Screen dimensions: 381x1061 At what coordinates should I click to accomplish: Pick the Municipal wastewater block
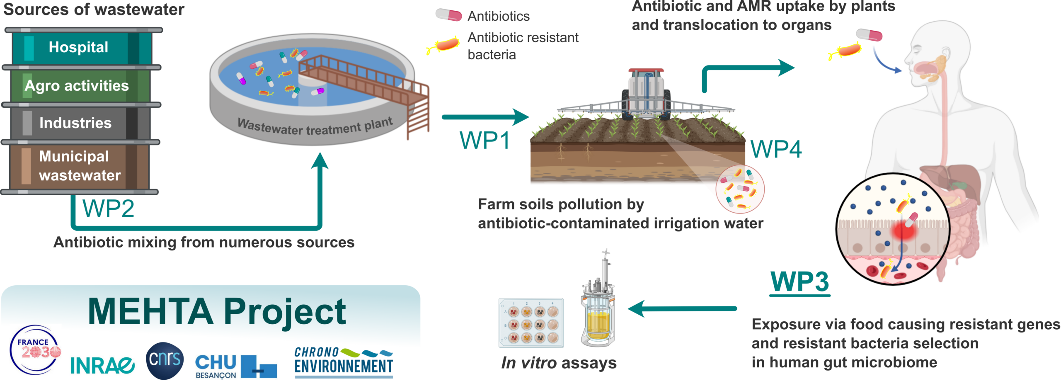click(x=79, y=166)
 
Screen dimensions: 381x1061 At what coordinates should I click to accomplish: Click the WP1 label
click(x=484, y=141)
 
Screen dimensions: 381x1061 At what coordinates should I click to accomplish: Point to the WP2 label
click(x=108, y=209)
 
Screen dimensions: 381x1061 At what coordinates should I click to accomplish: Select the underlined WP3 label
click(x=799, y=282)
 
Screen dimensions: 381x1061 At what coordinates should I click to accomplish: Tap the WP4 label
click(x=776, y=149)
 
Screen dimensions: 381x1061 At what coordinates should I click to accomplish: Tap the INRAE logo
click(x=102, y=365)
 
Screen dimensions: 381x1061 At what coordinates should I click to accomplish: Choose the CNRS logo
click(x=165, y=360)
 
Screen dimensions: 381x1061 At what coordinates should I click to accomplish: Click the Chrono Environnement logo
click(x=343, y=362)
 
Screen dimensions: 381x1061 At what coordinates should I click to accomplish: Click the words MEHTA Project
click(x=217, y=312)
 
